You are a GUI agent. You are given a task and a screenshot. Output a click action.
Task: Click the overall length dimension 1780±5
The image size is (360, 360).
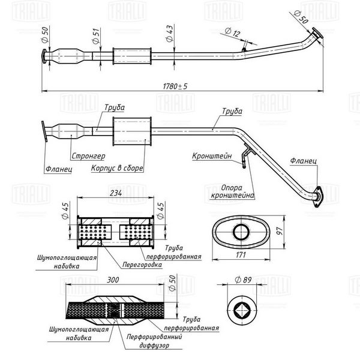pos(175,86)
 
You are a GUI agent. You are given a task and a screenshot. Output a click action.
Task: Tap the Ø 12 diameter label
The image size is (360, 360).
pos(232,32)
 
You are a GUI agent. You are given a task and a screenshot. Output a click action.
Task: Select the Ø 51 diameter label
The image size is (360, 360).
pos(96,36)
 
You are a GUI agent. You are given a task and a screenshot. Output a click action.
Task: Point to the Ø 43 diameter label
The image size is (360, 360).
pos(170,34)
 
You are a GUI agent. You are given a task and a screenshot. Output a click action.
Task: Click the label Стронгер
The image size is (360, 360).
pos(88,156)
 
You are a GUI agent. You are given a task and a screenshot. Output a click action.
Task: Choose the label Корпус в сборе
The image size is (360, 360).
pos(117,168)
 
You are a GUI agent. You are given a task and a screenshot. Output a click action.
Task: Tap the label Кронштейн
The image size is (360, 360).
pos(212,156)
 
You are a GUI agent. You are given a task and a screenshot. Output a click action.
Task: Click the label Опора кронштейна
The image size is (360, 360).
pos(232,191)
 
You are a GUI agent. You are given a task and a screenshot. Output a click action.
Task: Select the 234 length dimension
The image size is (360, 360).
pos(116,193)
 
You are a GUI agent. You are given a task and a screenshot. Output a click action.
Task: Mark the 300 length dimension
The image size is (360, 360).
pos(113,280)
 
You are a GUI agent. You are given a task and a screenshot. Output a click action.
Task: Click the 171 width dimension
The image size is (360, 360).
pos(241,255)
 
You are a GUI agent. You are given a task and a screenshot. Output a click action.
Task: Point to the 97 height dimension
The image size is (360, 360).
pos(280,231)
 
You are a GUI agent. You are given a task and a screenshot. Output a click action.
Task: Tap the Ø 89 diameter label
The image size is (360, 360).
pos(244,280)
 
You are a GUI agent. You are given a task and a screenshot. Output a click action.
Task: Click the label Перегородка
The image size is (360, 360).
pos(142,265)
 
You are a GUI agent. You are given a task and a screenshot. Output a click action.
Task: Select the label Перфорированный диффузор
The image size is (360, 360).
pos(154,341)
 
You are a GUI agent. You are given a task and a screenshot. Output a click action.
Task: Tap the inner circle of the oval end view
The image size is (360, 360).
pos(241,232)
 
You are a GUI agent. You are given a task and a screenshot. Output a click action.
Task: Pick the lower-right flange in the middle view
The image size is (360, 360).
pos(318,197)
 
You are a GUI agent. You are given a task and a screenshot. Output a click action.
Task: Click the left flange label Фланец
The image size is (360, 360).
pos(59,169)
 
